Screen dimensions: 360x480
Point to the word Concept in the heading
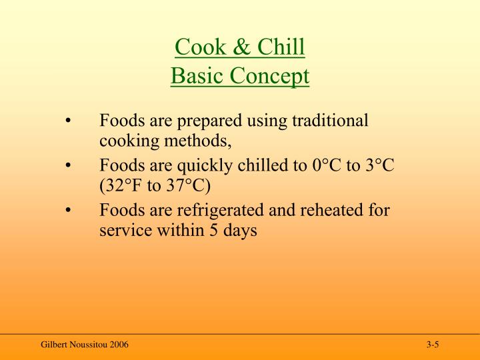click(270, 77)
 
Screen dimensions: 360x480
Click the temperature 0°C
click(326, 165)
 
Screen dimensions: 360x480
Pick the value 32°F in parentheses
click(119, 187)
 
